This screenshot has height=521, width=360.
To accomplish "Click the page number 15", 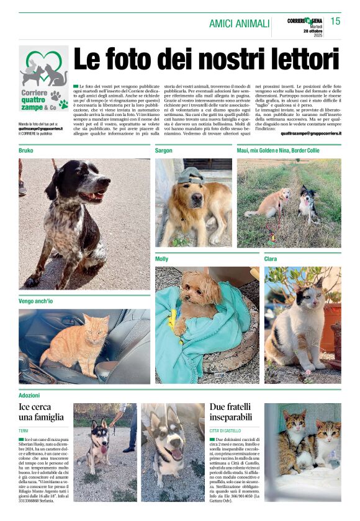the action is tap(335, 21).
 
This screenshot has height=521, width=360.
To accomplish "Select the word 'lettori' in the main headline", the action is tap(299, 60).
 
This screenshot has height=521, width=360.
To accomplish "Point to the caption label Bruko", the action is tap(26, 151).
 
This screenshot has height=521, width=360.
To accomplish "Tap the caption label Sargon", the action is tap(164, 151).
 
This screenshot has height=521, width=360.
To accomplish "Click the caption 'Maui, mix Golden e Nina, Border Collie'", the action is tap(278, 151).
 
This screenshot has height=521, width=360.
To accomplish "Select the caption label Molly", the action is tap(162, 259).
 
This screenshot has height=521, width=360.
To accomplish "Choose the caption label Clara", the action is tap(271, 259).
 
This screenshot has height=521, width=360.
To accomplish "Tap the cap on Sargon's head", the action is tap(191, 176).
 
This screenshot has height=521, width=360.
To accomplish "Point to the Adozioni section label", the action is tap(29, 395).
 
